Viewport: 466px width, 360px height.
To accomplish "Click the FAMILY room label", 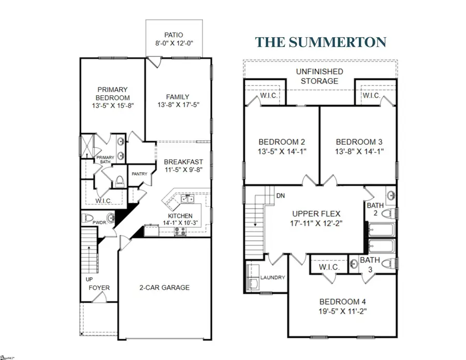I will (178, 96).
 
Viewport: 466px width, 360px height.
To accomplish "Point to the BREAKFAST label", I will (178, 161).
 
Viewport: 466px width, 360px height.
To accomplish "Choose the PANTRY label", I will (140, 174).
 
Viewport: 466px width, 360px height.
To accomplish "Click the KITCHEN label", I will (180, 216).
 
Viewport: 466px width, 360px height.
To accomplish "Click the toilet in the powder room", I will (89, 218).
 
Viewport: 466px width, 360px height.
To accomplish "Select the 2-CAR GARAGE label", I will (165, 288).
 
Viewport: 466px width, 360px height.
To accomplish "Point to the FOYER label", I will (98, 288).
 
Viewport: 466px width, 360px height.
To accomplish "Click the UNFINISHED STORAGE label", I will (317, 77).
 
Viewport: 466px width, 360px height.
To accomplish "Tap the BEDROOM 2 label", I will (278, 142).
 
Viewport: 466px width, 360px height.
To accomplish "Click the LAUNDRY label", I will (272, 277).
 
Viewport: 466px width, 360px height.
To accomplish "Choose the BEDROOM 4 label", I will (339, 302).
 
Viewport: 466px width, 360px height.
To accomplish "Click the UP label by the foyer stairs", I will (89, 279).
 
